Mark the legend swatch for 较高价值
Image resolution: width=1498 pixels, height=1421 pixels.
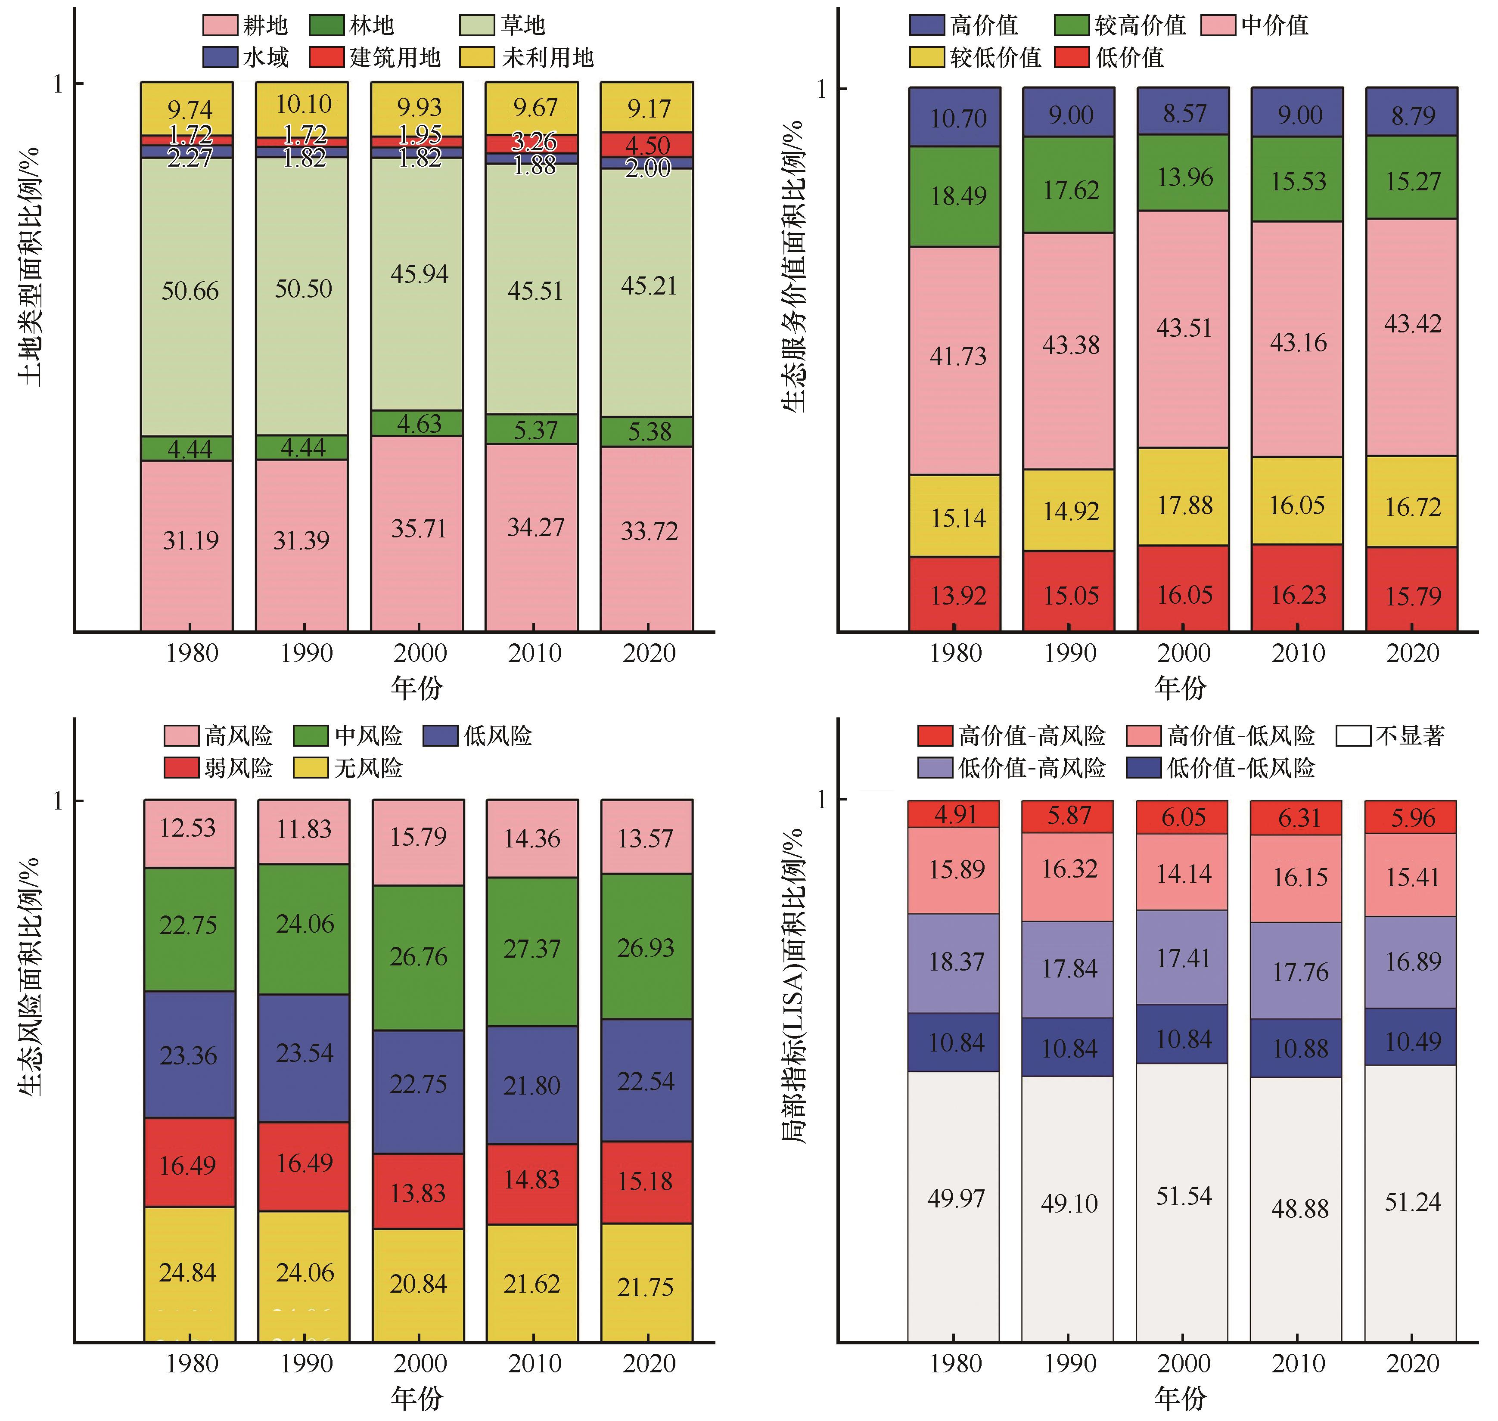[x=1072, y=25]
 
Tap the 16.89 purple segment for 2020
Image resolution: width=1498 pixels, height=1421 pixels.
[x=1411, y=962]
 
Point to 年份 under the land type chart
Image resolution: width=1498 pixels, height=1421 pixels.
[x=417, y=687]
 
